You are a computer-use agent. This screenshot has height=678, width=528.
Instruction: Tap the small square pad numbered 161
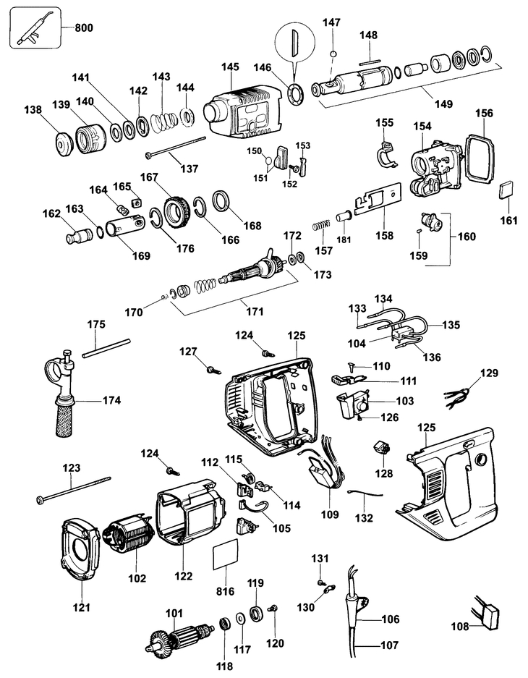507,190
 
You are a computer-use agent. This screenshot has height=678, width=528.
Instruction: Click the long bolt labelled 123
72,490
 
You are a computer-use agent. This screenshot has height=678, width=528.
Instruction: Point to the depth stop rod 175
106,348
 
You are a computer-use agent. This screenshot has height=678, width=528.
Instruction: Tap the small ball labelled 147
332,55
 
